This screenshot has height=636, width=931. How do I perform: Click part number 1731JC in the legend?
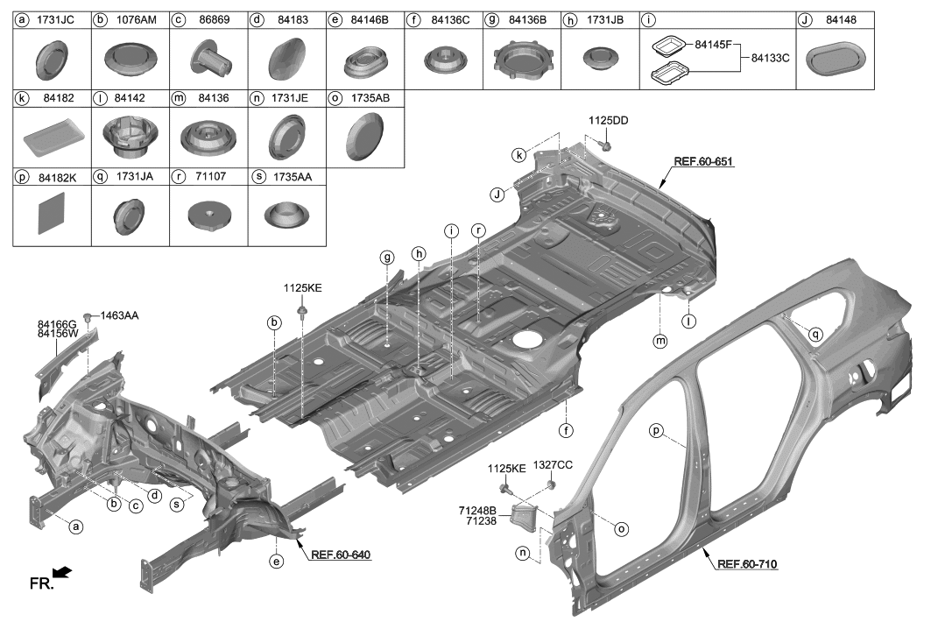click(58, 19)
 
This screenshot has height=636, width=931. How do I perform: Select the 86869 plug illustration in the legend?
click(208, 59)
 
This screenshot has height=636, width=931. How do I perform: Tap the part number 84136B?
click(528, 19)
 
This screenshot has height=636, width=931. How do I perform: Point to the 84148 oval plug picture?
click(836, 59)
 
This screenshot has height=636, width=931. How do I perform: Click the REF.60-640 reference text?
click(341, 554)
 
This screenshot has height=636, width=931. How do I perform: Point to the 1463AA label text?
click(118, 314)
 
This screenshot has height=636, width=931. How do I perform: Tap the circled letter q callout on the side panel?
click(815, 333)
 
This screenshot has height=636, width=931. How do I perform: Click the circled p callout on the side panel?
click(656, 429)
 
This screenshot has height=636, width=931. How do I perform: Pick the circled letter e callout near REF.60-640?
click(276, 561)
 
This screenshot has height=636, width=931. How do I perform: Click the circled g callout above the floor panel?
click(386, 257)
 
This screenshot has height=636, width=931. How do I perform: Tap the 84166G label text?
click(57, 324)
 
